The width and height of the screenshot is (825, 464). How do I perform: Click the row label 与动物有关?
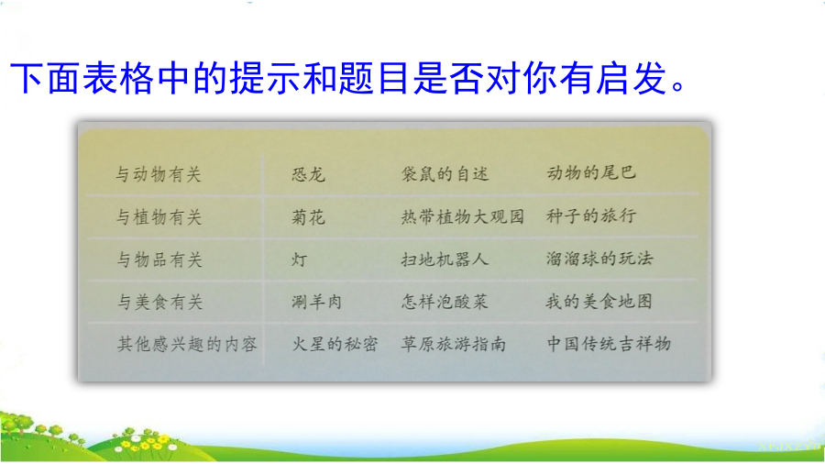tap(159, 174)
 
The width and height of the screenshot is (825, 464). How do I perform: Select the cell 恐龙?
tap(309, 174)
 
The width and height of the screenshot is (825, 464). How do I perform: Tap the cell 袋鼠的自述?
tap(445, 173)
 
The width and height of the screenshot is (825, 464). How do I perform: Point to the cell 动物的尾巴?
tap(591, 172)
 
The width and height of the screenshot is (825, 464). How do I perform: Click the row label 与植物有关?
tap(159, 216)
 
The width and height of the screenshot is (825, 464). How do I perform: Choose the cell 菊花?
tap(309, 216)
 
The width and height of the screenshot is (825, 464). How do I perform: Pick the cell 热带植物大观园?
tap(463, 216)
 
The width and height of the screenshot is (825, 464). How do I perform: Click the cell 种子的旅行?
tap(591, 215)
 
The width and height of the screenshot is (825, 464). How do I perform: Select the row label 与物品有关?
tap(159, 260)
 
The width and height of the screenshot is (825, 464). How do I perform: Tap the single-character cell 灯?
tap(300, 260)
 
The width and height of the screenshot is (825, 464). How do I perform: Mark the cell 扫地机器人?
tap(445, 259)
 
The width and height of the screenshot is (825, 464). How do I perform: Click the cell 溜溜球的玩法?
tap(599, 258)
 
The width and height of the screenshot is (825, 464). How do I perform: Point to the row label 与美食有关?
tap(159, 302)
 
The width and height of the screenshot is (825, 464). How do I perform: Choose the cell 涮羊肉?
tap(317, 302)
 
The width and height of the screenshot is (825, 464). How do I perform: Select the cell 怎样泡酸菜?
tap(445, 302)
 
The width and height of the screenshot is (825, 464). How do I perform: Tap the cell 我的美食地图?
tap(599, 302)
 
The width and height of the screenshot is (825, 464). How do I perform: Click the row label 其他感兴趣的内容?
tap(187, 344)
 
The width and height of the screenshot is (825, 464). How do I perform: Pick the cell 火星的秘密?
tap(335, 344)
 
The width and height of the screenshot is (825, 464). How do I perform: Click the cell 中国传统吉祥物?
tap(610, 344)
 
